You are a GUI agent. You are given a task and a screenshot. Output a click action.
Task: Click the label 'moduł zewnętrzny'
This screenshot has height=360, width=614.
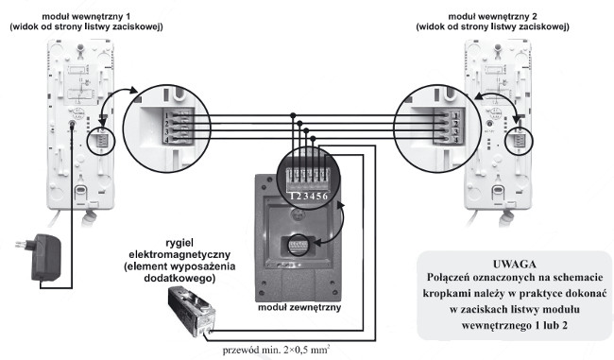301,308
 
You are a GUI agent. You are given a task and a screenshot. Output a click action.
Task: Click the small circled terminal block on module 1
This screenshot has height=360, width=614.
98,140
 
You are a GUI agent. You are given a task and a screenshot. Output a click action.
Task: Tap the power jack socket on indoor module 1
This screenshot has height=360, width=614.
73,123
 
